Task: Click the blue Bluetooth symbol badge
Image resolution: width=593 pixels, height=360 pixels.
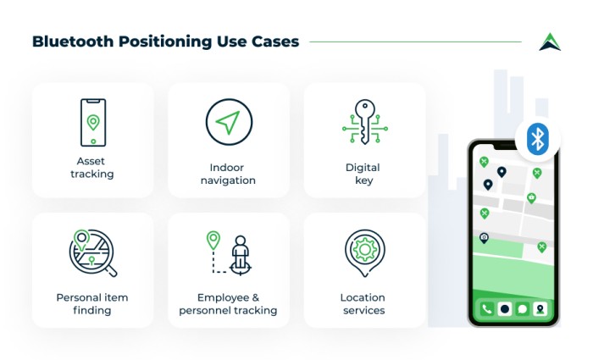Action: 537,139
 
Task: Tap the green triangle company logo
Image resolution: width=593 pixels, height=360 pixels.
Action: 550,42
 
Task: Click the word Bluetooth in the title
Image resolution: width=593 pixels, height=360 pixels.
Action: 73,42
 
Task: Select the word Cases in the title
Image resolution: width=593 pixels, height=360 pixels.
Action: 275,42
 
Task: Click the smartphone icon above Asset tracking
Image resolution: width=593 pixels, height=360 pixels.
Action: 93,123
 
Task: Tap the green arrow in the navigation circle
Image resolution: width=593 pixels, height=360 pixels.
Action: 228,122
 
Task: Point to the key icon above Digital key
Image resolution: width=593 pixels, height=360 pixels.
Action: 364,122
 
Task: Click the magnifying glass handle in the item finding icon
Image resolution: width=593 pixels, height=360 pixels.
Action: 112,271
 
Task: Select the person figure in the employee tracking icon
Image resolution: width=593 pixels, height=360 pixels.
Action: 240,252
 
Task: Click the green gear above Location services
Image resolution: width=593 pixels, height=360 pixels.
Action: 364,249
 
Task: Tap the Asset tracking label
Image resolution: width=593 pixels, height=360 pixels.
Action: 91,168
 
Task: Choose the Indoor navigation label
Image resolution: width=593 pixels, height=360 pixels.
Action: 228,174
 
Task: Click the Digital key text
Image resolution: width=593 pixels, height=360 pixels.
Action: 363,174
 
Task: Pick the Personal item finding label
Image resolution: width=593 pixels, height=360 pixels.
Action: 92,303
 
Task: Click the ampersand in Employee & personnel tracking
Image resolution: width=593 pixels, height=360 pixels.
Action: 255,297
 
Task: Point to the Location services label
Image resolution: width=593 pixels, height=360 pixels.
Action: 363,303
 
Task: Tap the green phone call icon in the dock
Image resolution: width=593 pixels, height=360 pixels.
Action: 487,309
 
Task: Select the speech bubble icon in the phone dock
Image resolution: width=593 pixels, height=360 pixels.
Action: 523,309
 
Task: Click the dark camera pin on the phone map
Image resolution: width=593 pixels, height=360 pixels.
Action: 484,238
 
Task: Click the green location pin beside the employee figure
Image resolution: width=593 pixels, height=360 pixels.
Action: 213,240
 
